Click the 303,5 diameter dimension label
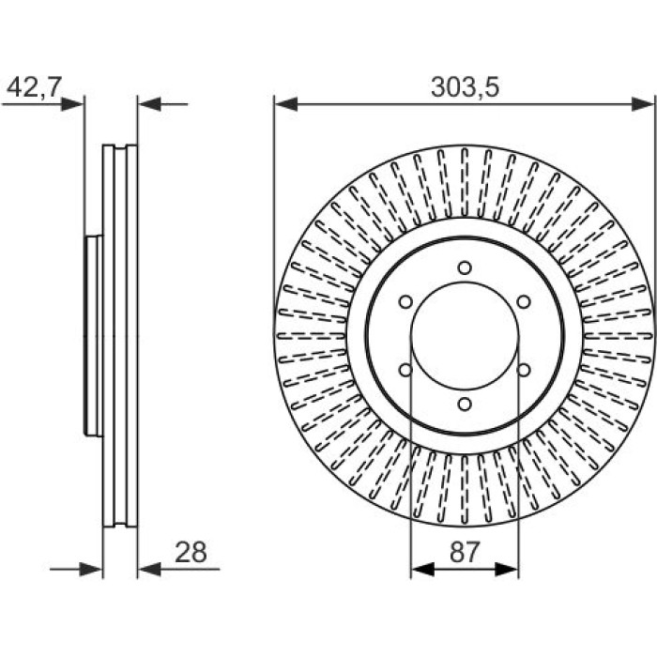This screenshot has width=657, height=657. [x=466, y=87]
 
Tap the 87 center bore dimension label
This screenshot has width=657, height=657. [x=465, y=552]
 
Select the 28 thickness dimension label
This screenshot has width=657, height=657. [x=191, y=552]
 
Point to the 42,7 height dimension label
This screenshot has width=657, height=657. [x=35, y=86]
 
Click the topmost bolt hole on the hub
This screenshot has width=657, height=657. [x=465, y=267]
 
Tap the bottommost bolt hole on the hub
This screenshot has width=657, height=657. [x=465, y=405]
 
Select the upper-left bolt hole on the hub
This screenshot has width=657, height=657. [x=405, y=301]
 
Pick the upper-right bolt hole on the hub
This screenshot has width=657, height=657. [x=524, y=301]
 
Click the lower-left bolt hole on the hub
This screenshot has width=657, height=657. [x=405, y=370]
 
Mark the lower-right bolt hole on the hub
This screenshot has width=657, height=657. [x=524, y=370]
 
